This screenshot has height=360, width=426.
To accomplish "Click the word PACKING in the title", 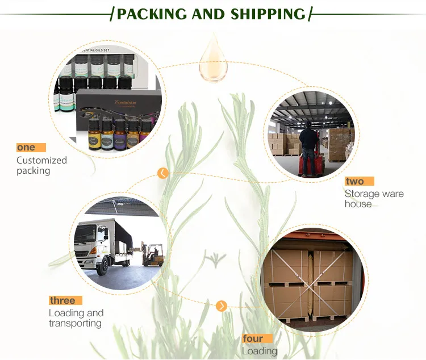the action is pyautogui.click(x=152, y=14).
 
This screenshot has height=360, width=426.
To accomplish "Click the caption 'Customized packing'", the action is pyautogui.click(x=41, y=165).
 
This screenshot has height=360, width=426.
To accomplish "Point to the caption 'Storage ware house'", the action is pyautogui.click(x=374, y=199).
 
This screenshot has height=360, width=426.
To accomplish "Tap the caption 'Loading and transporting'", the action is pyautogui.click(x=76, y=318).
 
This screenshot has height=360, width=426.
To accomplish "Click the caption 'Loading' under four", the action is pyautogui.click(x=259, y=351).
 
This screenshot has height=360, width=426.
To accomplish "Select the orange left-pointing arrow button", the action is pyautogui.click(x=163, y=173).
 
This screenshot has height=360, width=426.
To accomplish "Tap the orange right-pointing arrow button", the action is pyautogui.click(x=222, y=306).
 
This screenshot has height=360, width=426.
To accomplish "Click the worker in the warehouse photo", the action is pyautogui.click(x=308, y=142).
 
